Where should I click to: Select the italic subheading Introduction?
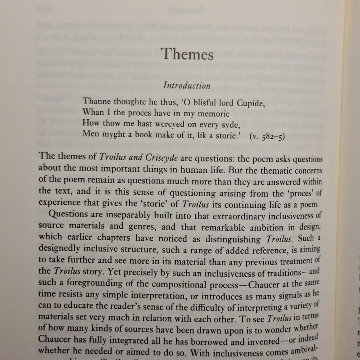[186, 85]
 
